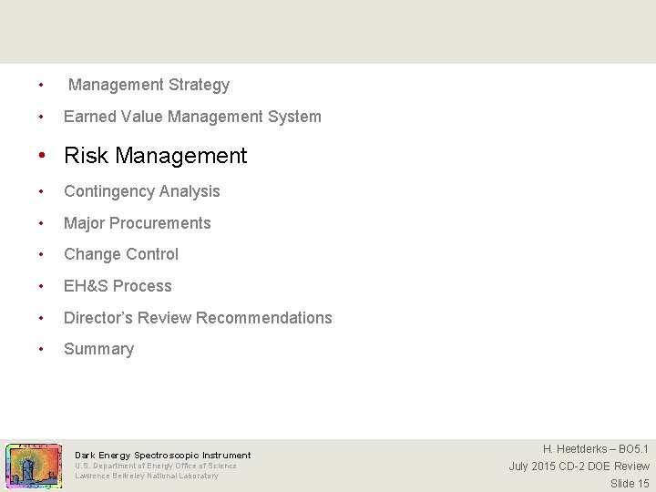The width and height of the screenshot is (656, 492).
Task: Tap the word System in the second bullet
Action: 293,117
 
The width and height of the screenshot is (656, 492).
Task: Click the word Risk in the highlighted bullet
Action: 85,156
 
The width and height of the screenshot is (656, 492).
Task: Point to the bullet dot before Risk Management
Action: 42,156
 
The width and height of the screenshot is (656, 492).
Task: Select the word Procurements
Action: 162,223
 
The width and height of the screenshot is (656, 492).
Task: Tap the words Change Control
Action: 121,254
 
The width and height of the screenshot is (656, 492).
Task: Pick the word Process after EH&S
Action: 144,286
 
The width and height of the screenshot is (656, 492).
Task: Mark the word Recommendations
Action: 264,318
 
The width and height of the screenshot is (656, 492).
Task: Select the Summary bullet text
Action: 98,349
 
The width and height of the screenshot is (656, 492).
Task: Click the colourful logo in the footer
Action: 34,466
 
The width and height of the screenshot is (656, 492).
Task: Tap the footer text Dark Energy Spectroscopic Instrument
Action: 162,455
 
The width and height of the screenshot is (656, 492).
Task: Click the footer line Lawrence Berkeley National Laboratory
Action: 147,476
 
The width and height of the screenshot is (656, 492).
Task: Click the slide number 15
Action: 642,484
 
